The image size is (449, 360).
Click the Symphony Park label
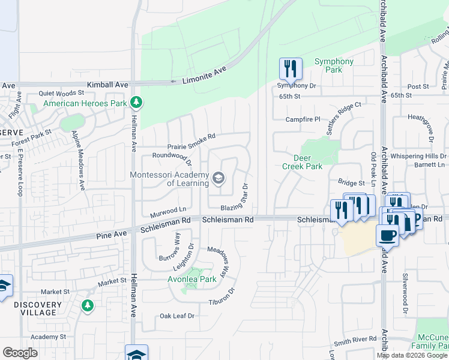334,65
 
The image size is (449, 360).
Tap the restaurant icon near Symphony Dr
291,70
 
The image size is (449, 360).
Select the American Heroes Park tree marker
137,103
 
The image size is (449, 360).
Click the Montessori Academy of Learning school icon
218,178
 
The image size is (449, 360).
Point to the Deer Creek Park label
303,162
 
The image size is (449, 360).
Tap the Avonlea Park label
191,280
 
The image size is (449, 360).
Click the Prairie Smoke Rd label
191,142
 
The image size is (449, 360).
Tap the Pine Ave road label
112,233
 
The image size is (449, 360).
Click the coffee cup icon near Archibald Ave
387,235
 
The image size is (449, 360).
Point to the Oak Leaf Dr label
177,316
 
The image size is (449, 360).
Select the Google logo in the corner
20,353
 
